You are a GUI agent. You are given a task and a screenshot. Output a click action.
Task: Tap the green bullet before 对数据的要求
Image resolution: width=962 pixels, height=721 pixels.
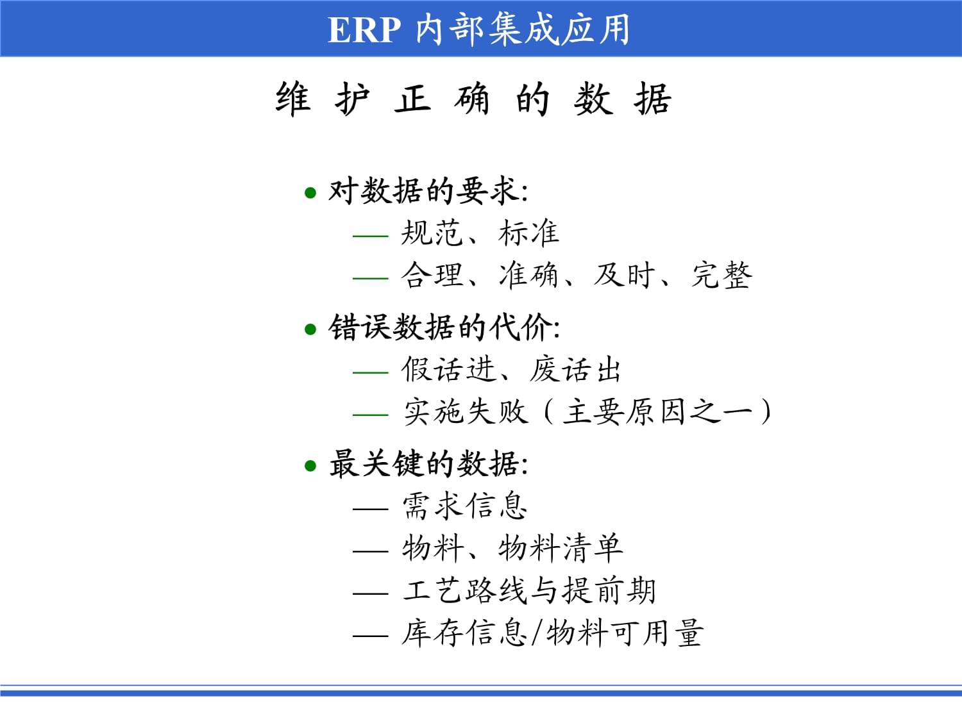click(x=310, y=193)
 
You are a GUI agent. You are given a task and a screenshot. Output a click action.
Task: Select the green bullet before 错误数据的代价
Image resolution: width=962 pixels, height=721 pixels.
click(x=310, y=329)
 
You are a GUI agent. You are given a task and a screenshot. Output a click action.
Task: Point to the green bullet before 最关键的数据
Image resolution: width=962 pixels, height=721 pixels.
click(x=310, y=465)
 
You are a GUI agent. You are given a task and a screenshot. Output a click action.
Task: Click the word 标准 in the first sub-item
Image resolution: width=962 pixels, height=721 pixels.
click(x=528, y=233)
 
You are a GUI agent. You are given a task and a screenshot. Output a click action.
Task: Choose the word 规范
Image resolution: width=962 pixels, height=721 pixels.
click(x=432, y=233)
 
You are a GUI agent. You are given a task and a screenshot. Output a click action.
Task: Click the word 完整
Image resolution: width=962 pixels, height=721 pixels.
click(x=721, y=276)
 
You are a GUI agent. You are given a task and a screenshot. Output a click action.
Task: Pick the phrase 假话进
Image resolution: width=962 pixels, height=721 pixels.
click(x=449, y=370)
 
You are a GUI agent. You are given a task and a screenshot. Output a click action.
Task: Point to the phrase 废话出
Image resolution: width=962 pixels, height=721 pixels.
click(x=575, y=370)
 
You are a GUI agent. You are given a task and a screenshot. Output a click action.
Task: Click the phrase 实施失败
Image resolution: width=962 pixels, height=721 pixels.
click(x=466, y=411)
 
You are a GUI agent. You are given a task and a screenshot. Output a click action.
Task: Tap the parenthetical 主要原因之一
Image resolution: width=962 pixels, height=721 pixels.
click(x=657, y=411)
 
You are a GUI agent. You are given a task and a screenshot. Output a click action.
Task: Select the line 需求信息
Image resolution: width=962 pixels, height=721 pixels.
click(x=464, y=506)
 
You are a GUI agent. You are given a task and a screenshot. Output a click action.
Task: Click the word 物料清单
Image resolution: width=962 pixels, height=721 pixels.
click(x=561, y=548)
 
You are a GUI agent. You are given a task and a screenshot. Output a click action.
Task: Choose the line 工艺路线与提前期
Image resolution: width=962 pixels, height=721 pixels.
click(x=529, y=590)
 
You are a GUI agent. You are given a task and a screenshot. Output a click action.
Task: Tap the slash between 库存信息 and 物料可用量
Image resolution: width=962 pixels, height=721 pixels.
click(x=536, y=633)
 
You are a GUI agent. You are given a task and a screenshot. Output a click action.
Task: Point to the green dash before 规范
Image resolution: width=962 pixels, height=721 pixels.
click(x=370, y=236)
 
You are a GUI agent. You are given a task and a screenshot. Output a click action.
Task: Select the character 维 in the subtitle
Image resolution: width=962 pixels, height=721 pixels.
click(x=293, y=99)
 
